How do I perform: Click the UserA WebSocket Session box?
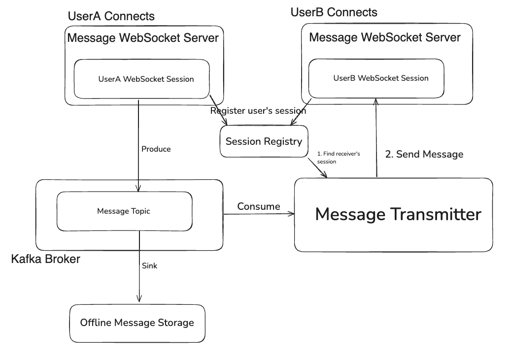pos(142,79)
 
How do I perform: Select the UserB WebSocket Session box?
pos(376,78)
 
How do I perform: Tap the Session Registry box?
pos(264,142)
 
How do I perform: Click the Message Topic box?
pos(124,211)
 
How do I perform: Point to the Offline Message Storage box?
pos(137,323)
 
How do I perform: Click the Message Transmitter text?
pos(398,214)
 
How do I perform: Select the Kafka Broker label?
pos(45,259)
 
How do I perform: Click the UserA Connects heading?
pos(111,16)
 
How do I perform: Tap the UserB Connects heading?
pos(334,12)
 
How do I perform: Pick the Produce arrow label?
pos(156,149)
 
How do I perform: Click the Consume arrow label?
pos(259,206)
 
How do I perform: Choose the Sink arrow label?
pos(149,266)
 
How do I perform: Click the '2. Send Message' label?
pos(424,154)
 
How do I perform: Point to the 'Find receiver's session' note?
pos(339,158)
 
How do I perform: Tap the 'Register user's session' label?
pos(258,111)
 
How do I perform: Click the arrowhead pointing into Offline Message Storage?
pos(139,298)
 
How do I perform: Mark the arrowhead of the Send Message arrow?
pos(376,101)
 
